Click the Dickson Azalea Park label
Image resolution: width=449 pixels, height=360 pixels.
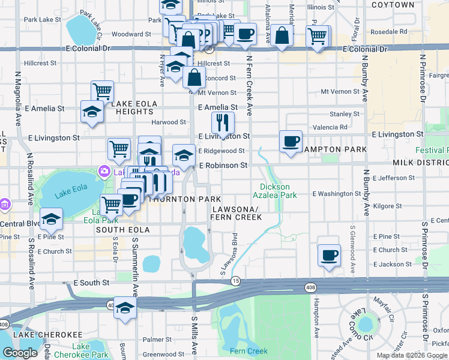tap(279, 191)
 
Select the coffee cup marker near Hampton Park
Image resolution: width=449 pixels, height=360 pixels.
tap(291, 142)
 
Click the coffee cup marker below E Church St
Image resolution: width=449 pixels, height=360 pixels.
tap(329, 256)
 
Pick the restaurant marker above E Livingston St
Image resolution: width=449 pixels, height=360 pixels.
tap(223, 124)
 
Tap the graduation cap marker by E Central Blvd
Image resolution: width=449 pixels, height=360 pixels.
tap(52, 220)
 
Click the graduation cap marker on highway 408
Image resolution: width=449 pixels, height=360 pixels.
tap(125, 310)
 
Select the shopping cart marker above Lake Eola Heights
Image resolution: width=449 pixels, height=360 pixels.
tap(103, 92)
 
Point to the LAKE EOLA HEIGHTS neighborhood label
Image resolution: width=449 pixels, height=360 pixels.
tap(134, 108)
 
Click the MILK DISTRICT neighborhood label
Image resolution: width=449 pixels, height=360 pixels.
tap(420, 163)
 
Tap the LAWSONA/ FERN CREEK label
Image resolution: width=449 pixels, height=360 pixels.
tap(236, 213)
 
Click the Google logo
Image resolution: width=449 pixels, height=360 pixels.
tap(20, 353)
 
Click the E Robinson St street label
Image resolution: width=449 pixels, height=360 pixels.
tap(223, 164)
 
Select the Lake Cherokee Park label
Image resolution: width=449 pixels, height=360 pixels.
tap(89, 350)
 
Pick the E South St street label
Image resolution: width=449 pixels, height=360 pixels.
tap(91, 282)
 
